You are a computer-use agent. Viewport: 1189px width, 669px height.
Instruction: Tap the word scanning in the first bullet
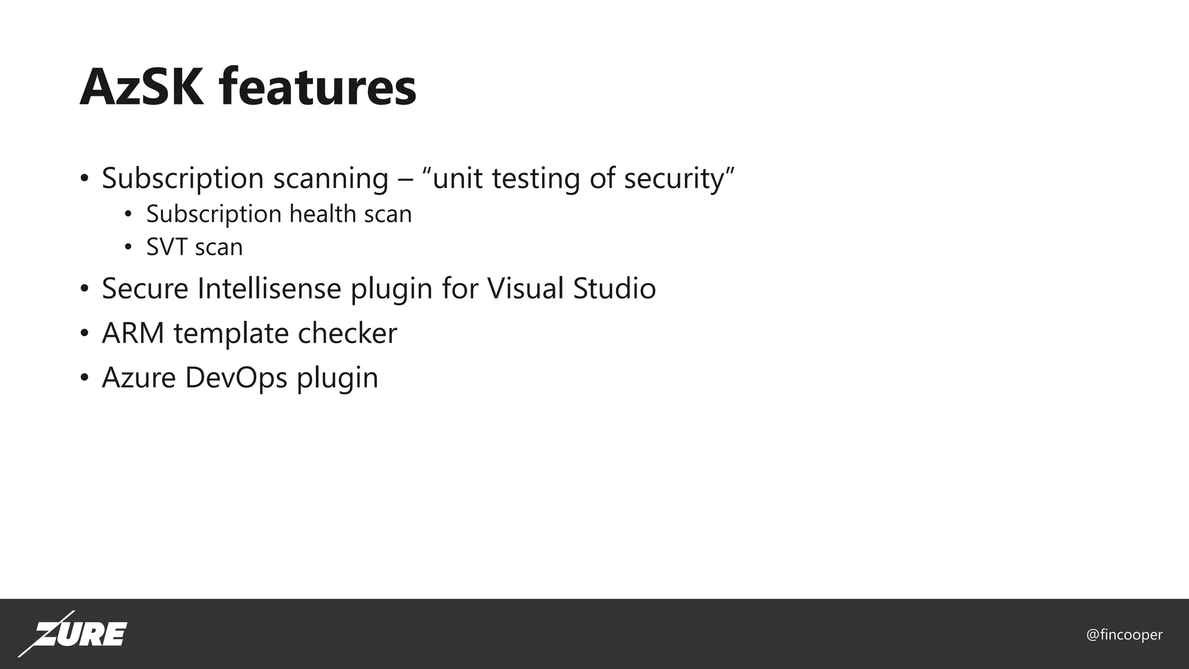coord(330,178)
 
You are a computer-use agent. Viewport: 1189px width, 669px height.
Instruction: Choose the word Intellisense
coord(269,289)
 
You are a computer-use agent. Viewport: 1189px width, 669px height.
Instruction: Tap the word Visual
coord(525,289)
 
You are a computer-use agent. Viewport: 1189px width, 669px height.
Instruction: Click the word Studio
coord(614,289)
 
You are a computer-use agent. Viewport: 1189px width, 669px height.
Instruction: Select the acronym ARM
coord(133,333)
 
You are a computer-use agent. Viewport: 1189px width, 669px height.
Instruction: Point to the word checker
coord(347,333)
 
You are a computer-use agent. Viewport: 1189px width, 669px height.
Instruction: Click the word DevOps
coord(236,377)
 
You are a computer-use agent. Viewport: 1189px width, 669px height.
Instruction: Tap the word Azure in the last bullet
coord(139,377)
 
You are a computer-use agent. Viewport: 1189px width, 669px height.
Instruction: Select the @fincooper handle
coord(1124,635)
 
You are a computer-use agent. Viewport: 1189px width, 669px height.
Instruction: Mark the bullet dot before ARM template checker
coord(85,334)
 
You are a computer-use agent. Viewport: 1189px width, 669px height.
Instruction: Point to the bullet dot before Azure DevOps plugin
coord(85,379)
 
